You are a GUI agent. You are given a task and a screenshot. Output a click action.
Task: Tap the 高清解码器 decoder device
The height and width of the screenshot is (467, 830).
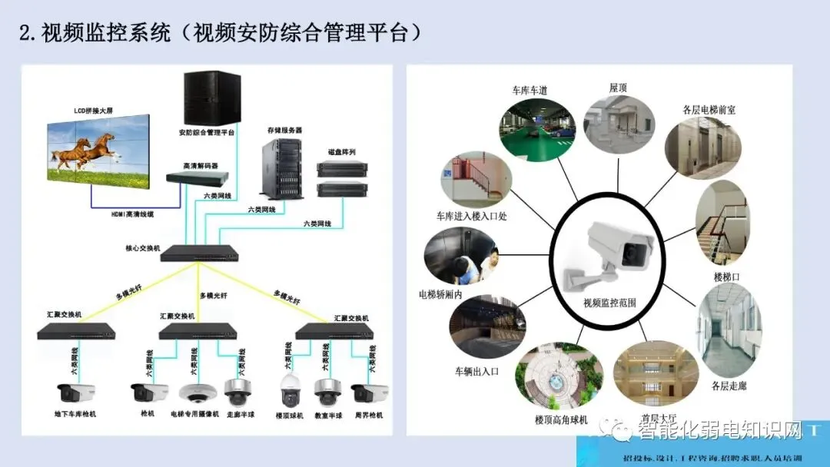(x=198, y=177)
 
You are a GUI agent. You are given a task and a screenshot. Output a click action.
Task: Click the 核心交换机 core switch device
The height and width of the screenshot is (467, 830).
(x=198, y=253)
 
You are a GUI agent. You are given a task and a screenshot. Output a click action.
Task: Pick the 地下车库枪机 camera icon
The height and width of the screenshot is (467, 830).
(x=75, y=393)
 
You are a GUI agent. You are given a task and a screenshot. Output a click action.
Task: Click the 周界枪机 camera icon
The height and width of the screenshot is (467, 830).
(x=364, y=393)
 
